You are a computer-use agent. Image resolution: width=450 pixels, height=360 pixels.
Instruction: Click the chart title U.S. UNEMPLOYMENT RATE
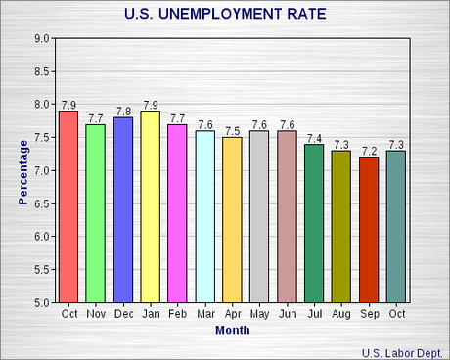tap(226, 14)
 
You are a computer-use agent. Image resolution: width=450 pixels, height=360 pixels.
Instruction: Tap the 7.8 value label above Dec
tap(123, 112)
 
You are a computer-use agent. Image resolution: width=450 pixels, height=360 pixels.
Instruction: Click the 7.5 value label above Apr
tap(232, 131)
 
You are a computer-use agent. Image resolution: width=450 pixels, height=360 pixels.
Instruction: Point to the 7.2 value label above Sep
tap(369, 151)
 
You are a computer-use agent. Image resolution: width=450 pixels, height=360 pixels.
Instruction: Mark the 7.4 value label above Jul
tap(314, 138)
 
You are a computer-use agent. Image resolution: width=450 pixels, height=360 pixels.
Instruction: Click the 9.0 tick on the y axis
tap(42, 38)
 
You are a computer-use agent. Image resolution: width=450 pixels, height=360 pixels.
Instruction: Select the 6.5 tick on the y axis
tap(42, 203)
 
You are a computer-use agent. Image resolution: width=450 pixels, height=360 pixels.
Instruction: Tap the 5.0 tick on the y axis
tap(42, 302)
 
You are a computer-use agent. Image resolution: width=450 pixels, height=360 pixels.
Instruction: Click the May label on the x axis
tap(259, 314)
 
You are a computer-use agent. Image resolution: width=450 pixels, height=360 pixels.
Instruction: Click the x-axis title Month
tap(232, 330)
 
